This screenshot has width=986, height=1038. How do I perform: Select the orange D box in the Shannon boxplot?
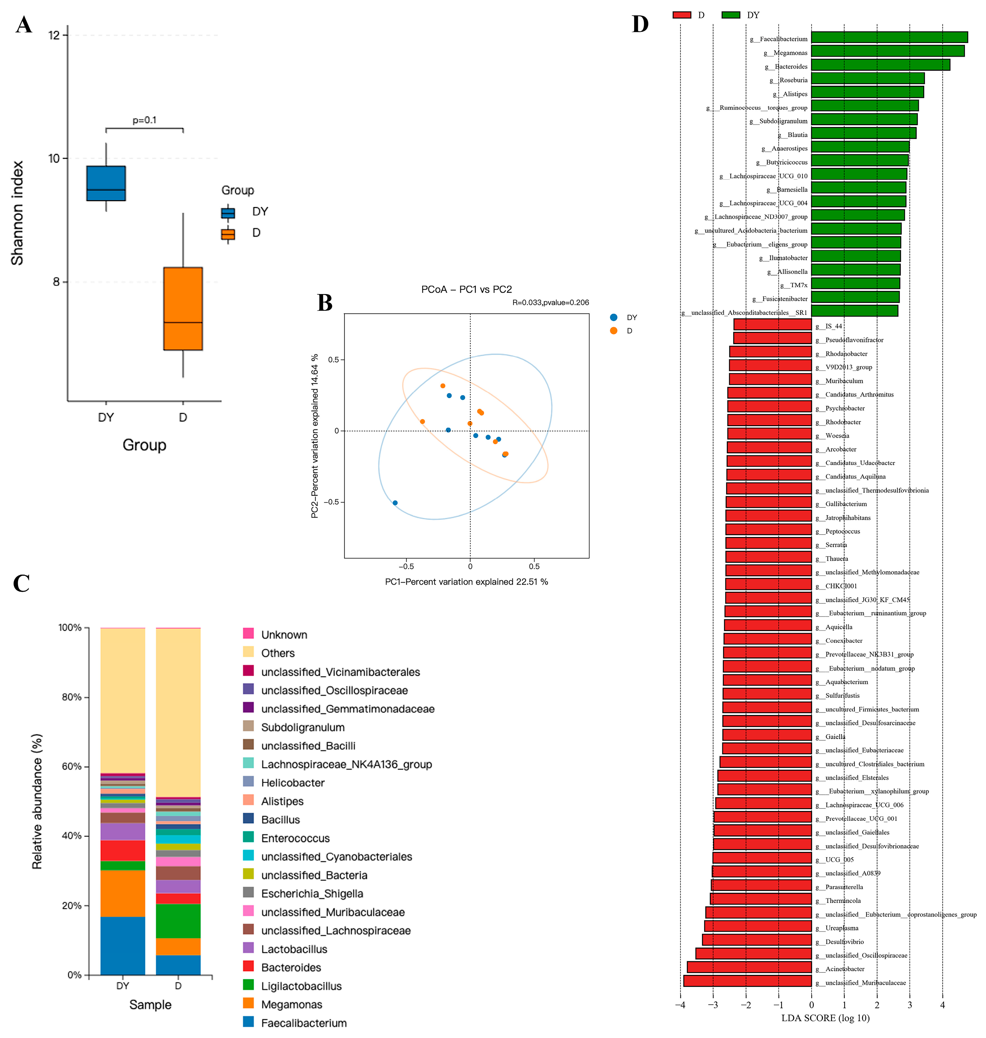click(x=183, y=309)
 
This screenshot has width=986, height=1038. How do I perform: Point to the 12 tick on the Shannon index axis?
click(x=54, y=35)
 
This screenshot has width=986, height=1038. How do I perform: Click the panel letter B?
click(x=325, y=303)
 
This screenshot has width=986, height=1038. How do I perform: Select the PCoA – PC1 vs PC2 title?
click(x=466, y=290)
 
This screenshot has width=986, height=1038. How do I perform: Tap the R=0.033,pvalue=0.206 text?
click(x=550, y=303)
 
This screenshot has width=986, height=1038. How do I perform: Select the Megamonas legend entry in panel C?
click(x=292, y=1004)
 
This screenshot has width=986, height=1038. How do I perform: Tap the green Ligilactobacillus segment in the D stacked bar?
click(x=178, y=921)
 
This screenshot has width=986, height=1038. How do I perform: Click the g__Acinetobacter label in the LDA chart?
click(x=845, y=969)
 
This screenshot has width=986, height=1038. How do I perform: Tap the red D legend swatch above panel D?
click(x=682, y=15)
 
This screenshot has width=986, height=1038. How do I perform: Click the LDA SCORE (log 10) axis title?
click(x=825, y=1018)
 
